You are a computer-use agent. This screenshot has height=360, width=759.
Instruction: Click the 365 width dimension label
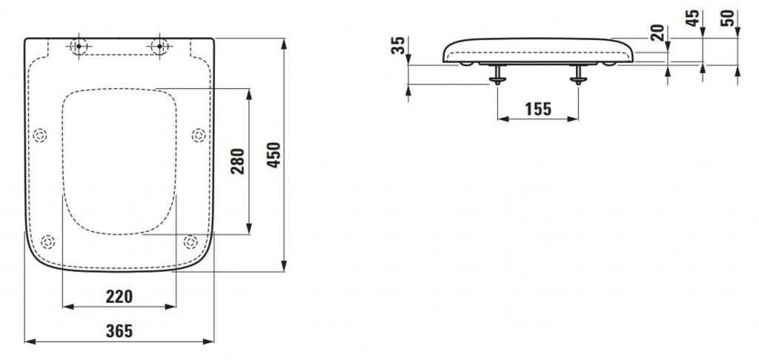tap(119, 331)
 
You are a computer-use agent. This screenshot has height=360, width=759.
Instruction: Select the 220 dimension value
tap(119, 296)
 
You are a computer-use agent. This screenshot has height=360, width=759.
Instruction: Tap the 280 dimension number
tap(238, 161)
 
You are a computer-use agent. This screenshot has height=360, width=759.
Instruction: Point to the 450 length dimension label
tap(274, 155)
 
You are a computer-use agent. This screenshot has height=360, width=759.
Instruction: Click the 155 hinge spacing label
tap(538, 109)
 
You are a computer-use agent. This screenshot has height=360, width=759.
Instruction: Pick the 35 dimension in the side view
tap(398, 45)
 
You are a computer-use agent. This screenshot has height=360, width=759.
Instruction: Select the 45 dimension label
tap(693, 18)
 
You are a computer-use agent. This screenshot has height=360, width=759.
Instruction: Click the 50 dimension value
tap(728, 18)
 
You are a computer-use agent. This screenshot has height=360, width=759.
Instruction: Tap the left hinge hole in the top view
tap(79, 47)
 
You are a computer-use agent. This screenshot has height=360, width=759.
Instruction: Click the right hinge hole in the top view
tap(160, 47)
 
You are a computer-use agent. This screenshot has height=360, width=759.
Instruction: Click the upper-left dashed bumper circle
tap(40, 136)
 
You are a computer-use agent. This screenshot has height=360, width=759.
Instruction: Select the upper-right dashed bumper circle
tap(199, 136)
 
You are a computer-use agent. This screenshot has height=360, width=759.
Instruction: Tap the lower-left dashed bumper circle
tap(47, 241)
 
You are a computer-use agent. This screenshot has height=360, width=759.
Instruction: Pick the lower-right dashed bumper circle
tap(190, 241)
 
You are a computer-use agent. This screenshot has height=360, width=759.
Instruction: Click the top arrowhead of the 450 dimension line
tap(284, 44)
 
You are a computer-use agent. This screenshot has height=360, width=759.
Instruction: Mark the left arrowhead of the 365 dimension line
tap(30, 341)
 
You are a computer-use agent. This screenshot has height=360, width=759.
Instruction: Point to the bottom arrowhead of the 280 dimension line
tap(249, 228)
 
